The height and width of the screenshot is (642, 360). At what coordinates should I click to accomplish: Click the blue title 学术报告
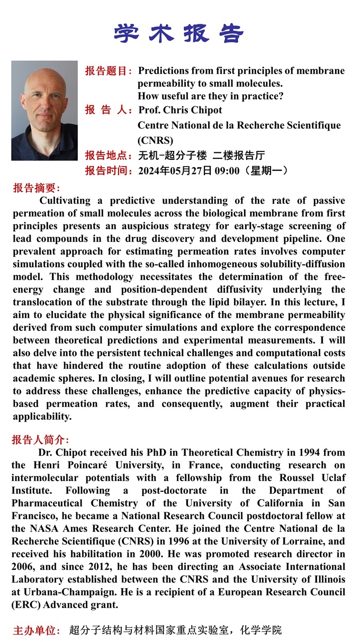[179, 33]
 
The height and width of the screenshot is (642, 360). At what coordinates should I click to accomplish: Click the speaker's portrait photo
[44, 111]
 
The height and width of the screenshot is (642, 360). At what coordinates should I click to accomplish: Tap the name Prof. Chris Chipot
[180, 110]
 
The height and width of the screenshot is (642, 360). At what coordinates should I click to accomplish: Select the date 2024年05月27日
[175, 170]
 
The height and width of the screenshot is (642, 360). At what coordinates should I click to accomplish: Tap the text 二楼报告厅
[239, 156]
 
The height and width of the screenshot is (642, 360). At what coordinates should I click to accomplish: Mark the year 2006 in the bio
[25, 567]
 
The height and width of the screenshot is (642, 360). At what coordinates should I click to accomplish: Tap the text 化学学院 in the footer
[261, 630]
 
